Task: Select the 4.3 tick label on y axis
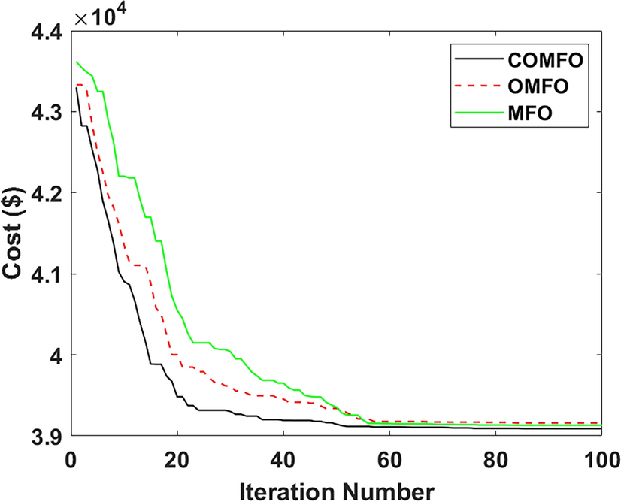click(46, 112)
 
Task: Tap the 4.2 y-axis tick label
click(46, 193)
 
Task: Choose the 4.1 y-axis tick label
click(46, 274)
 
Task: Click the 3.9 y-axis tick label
click(46, 436)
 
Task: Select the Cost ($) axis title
click(17, 233)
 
